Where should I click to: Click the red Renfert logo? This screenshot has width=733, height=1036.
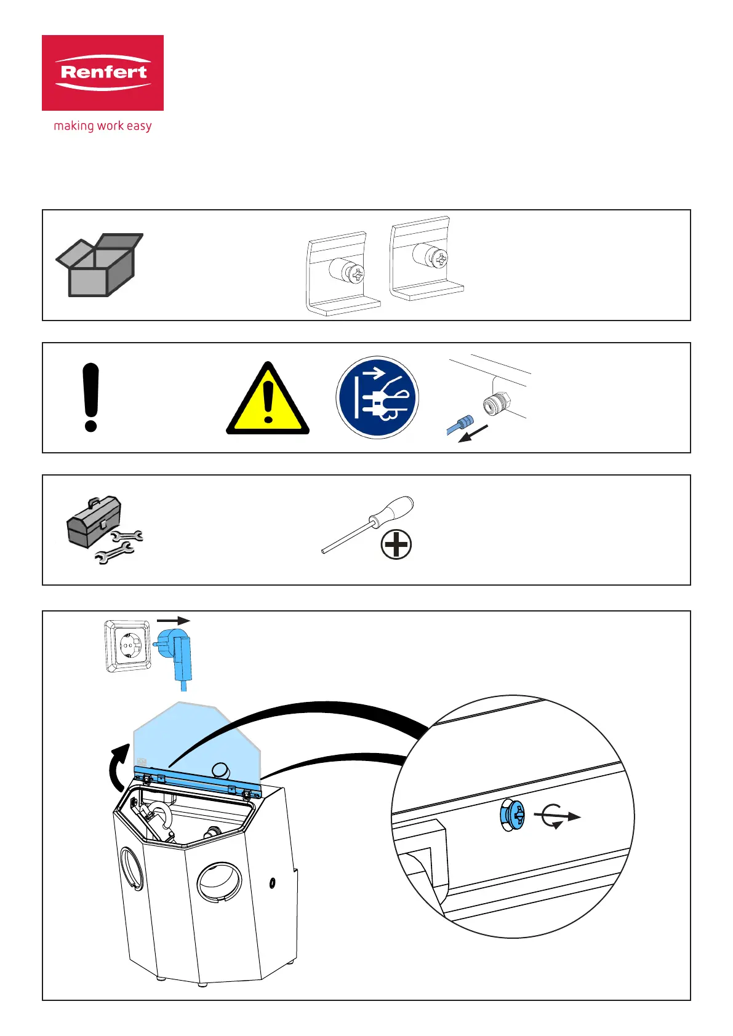click(103, 73)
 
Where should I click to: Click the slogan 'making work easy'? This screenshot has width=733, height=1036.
click(103, 126)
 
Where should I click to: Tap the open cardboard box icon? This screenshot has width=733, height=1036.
click(99, 265)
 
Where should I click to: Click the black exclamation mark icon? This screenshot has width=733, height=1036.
click(90, 397)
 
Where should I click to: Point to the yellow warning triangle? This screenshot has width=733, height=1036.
click(268, 400)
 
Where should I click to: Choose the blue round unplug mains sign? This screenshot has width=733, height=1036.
click(377, 397)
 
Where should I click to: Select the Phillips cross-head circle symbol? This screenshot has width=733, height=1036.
click(396, 544)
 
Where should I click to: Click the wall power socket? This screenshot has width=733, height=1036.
click(128, 645)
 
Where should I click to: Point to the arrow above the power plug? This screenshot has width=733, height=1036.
click(173, 621)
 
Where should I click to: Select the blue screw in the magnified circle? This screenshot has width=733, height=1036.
click(513, 815)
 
